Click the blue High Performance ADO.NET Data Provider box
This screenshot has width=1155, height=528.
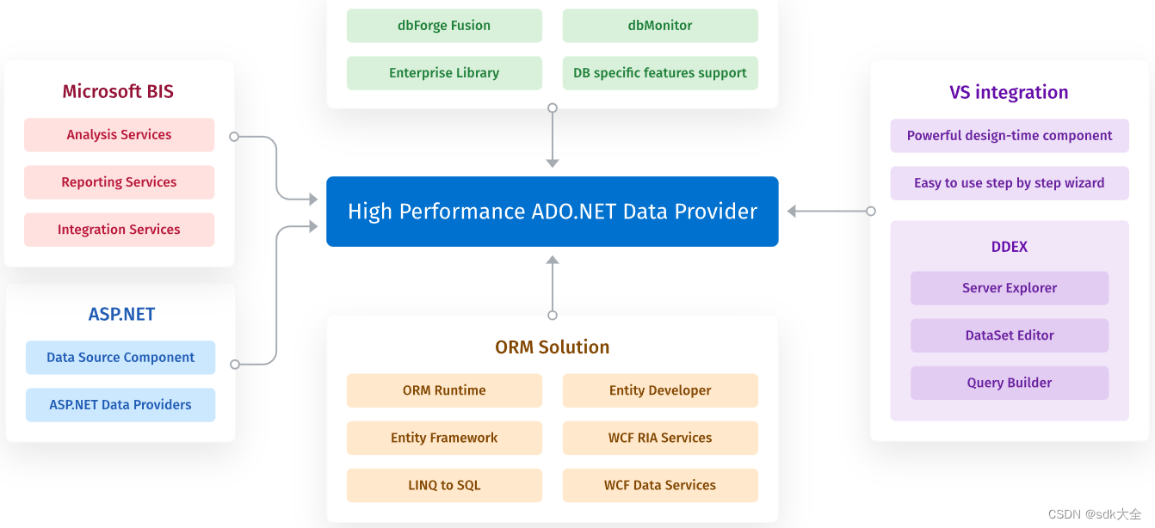[552, 212]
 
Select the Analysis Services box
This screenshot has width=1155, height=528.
[119, 135]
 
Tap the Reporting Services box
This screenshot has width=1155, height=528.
[119, 182]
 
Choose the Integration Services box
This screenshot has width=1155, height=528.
[119, 230]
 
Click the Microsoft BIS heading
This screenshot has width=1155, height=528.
[118, 92]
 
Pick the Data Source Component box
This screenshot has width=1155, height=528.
[120, 358]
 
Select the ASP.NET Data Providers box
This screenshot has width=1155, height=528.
[120, 405]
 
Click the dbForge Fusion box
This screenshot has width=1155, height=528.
[444, 26]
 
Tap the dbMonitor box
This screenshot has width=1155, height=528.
[660, 26]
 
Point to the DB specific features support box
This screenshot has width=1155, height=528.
[660, 73]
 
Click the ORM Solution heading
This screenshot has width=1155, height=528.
[552, 347]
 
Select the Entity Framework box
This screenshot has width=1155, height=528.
[444, 438]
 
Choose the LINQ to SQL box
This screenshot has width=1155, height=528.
[444, 485]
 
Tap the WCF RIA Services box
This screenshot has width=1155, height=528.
[660, 438]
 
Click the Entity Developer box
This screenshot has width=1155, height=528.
[660, 390]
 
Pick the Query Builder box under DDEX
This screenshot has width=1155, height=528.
[1010, 383]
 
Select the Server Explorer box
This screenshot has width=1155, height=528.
[1010, 288]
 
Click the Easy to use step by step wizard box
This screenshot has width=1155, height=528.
[1010, 183]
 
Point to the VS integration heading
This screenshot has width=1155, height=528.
[1009, 93]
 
